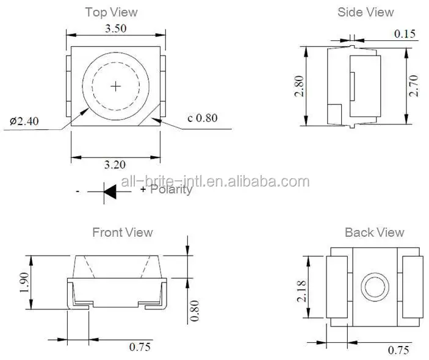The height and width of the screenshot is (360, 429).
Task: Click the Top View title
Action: tap(111, 12)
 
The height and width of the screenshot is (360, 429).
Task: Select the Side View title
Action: tap(366, 12)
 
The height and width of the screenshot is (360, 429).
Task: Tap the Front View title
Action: tap(122, 232)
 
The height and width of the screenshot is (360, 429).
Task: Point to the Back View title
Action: tap(374, 232)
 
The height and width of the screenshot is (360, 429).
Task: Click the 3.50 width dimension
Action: tap(116, 29)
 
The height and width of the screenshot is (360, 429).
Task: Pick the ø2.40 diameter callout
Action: tap(24, 121)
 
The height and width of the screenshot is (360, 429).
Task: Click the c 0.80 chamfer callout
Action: tap(202, 118)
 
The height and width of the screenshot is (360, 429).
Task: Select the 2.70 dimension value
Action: tap(414, 86)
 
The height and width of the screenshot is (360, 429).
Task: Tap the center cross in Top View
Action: tap(116, 86)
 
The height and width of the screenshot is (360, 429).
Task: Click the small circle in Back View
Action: tap(374, 286)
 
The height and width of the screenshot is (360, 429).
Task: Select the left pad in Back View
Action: tap(337, 286)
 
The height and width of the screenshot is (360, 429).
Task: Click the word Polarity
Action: tap(171, 190)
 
